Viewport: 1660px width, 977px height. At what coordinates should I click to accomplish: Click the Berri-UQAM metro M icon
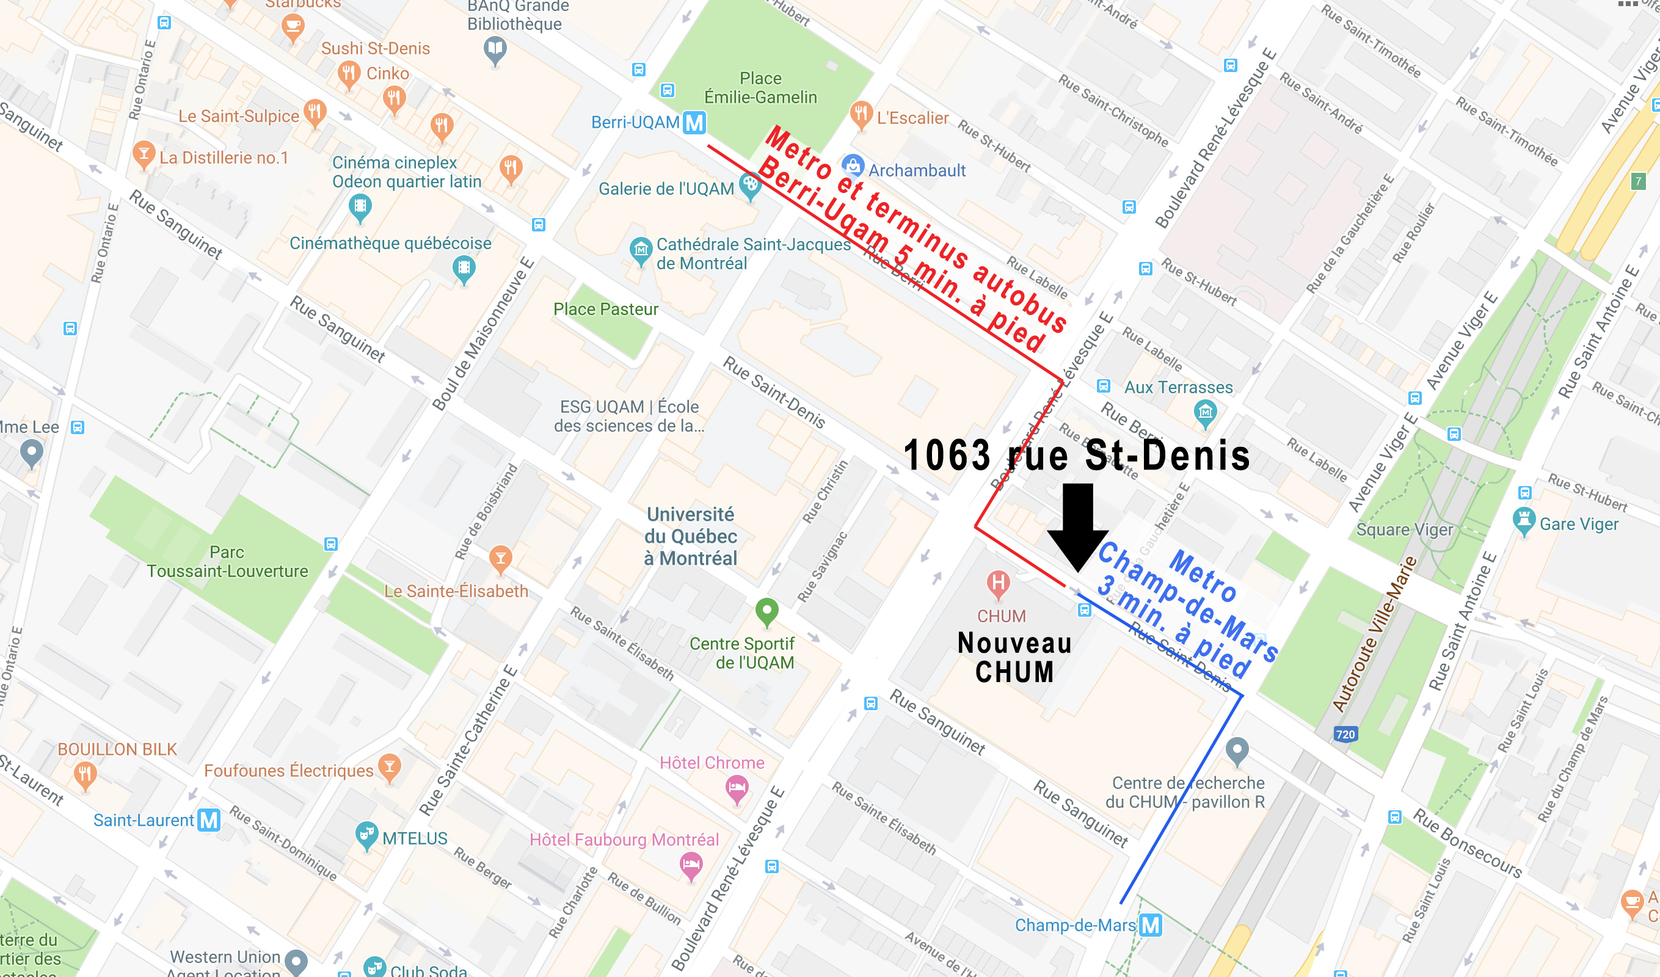(x=694, y=123)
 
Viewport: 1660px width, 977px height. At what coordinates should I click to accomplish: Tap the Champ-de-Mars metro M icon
(x=1150, y=925)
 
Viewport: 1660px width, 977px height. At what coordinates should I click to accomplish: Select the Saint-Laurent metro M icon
(x=209, y=820)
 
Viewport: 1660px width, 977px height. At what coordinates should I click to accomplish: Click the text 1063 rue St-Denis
(x=1076, y=456)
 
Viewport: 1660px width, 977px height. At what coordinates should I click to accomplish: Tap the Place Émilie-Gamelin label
(x=760, y=87)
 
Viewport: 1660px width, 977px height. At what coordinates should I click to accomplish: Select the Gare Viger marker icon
(x=1524, y=520)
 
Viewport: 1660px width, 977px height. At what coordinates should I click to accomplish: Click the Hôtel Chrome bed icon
(x=737, y=788)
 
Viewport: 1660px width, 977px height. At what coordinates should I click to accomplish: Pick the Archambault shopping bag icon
(x=853, y=165)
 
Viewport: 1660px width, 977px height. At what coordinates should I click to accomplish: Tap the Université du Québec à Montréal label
(x=690, y=536)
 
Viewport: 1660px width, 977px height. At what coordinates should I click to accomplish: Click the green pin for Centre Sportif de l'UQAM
(x=766, y=611)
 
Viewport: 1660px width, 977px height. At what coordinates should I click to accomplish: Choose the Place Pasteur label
(x=605, y=309)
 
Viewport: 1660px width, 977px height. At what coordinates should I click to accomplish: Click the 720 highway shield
(x=1345, y=734)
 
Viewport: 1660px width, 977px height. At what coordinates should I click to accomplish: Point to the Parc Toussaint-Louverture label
(x=227, y=561)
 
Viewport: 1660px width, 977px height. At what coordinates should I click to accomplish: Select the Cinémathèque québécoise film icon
(x=464, y=268)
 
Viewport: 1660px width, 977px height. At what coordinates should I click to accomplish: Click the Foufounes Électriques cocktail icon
(x=390, y=767)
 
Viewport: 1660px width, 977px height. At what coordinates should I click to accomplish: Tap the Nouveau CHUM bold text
(x=1014, y=658)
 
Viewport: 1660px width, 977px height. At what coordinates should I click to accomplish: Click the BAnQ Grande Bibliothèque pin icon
(x=495, y=49)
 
